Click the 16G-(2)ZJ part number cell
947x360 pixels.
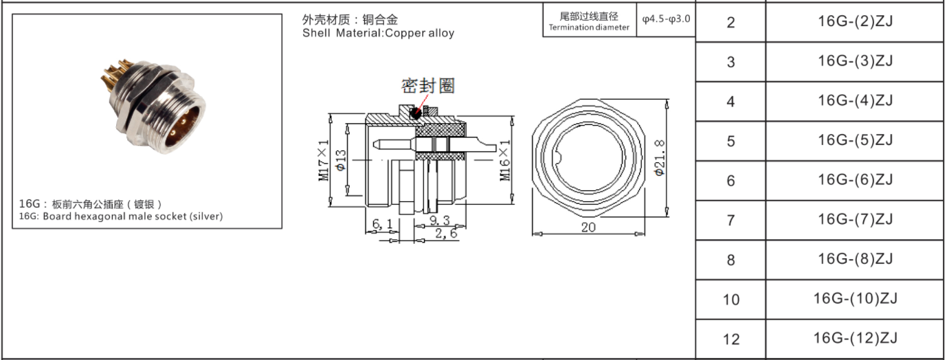(855, 22)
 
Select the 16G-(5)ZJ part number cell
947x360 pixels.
(855, 141)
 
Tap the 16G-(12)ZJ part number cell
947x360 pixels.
(855, 339)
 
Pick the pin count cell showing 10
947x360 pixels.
(731, 300)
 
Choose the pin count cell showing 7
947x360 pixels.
(731, 221)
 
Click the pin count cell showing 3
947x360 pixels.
(731, 63)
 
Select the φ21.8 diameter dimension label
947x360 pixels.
(660, 157)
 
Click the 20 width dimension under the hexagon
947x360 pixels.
(588, 227)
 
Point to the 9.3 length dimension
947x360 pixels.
(438, 221)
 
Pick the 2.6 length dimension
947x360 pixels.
(445, 234)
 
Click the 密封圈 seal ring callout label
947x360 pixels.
(428, 86)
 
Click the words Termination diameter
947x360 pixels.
(589, 27)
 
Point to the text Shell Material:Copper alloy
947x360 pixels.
(378, 33)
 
